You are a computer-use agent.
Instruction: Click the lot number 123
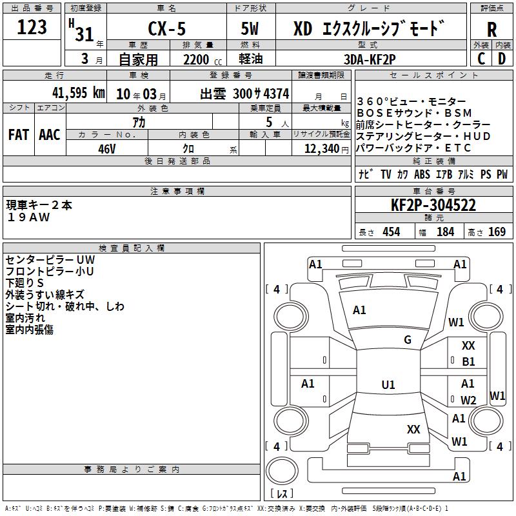[32, 27]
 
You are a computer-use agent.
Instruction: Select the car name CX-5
[167, 28]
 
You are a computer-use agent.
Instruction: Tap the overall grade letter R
[491, 30]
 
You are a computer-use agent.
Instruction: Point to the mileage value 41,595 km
[79, 93]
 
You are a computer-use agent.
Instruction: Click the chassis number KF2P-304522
[433, 205]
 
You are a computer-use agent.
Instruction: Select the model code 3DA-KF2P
[370, 59]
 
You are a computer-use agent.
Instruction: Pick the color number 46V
[107, 149]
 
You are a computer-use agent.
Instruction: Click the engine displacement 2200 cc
[203, 59]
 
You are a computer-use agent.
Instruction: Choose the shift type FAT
[19, 135]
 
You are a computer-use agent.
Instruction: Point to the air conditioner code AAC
[50, 135]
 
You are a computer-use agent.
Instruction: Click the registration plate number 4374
[276, 94]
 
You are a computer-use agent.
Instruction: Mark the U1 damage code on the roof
[388, 384]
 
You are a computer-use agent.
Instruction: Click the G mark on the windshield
[408, 340]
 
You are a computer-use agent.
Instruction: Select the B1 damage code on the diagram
[468, 362]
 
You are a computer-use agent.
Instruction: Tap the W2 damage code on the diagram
[468, 400]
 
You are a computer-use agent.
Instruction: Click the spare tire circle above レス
[282, 471]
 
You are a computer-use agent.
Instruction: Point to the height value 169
[497, 232]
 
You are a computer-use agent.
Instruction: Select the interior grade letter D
[502, 59]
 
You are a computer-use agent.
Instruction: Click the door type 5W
[250, 28]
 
